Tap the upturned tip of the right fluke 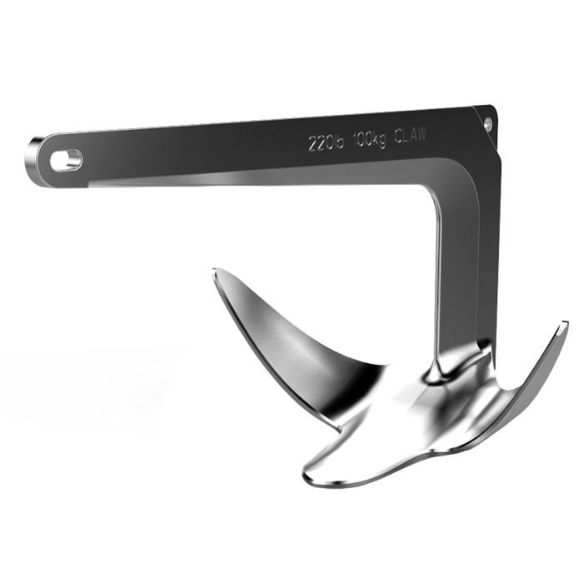563,324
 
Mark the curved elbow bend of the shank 450,179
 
